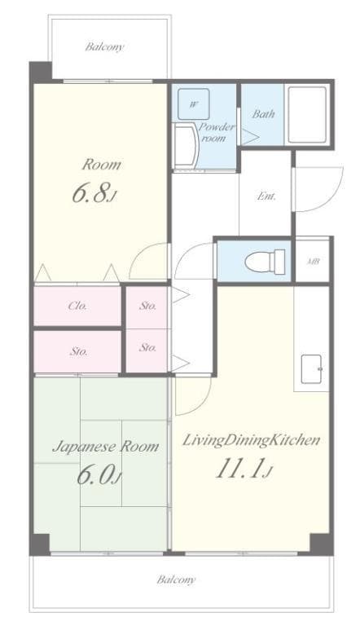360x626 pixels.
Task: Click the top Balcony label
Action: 105,46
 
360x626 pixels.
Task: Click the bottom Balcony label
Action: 176,580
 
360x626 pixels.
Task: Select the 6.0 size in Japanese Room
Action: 99,475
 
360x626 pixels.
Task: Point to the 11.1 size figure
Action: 242,470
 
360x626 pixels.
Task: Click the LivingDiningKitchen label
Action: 250,440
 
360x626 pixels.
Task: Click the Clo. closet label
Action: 78,306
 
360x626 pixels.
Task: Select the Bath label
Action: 263,114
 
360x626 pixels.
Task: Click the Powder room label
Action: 217,133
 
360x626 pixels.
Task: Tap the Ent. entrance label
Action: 266,196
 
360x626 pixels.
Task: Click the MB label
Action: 313,262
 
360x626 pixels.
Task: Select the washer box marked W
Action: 194,104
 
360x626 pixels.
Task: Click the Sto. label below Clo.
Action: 78,352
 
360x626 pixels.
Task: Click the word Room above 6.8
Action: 101,165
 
